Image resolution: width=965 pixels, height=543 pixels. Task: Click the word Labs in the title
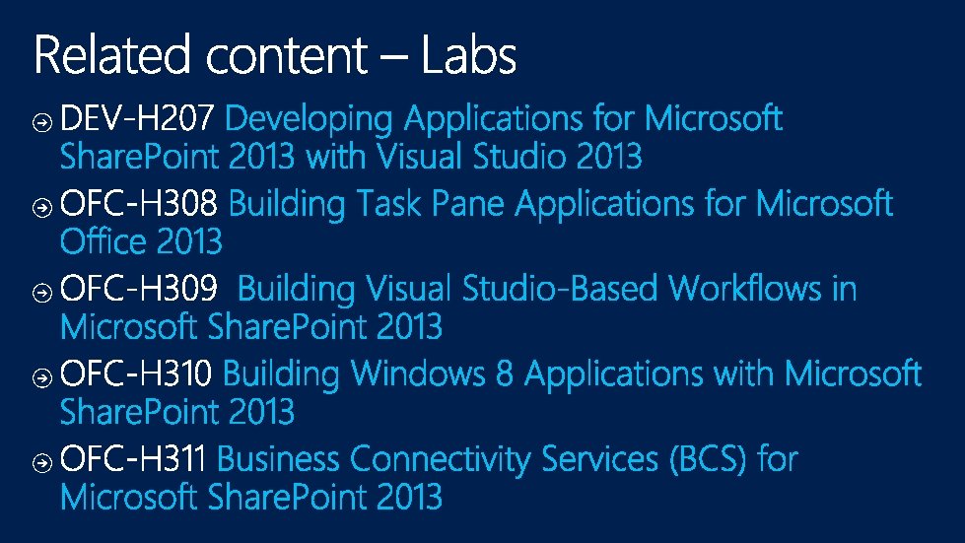point(469,55)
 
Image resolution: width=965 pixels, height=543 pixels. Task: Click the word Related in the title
point(111,55)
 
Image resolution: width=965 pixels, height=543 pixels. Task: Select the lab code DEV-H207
point(137,117)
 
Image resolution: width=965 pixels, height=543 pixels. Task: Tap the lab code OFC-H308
point(138,202)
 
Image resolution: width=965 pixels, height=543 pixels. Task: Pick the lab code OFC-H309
point(138,288)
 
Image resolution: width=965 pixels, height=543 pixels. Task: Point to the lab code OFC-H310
point(136,373)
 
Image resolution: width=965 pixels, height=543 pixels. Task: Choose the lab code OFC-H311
point(132,458)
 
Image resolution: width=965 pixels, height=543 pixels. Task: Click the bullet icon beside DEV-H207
point(41,123)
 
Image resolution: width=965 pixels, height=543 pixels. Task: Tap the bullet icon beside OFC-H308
point(41,208)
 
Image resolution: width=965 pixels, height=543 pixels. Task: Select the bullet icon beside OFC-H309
point(41,293)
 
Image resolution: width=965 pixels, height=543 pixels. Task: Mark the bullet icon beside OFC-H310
point(41,377)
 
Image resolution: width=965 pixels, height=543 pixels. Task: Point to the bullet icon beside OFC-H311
point(41,462)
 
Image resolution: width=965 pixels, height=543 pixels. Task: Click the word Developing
point(309,119)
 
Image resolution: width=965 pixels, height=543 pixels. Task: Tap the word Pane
point(468,203)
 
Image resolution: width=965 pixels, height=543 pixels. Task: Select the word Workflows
point(744,288)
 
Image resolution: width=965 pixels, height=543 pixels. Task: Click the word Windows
point(418,373)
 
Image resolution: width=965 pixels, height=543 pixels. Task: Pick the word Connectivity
point(440,460)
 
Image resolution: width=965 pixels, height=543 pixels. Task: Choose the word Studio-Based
point(560,288)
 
